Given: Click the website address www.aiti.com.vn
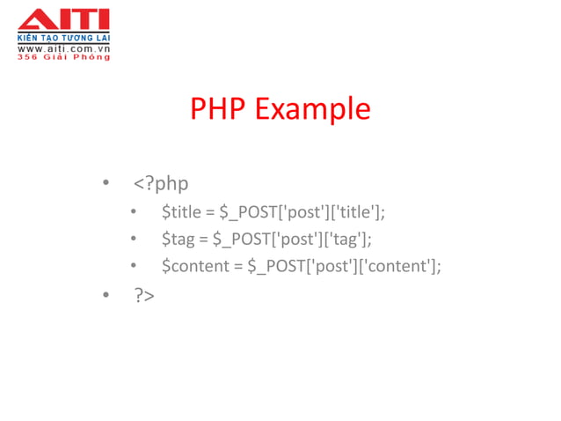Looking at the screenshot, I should [63, 48].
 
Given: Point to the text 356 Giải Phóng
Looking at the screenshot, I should [63, 57].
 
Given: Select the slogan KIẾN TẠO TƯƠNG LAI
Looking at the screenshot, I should [63, 39].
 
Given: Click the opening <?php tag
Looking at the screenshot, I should [161, 183].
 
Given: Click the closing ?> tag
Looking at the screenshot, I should [144, 295].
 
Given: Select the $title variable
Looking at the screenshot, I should [181, 211].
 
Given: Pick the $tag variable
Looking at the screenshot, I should [178, 239].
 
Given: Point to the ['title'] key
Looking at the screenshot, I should [356, 211].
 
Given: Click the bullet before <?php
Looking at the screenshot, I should [106, 183].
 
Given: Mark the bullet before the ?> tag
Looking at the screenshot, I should [106, 295].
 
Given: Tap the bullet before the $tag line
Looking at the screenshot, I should [133, 239].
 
